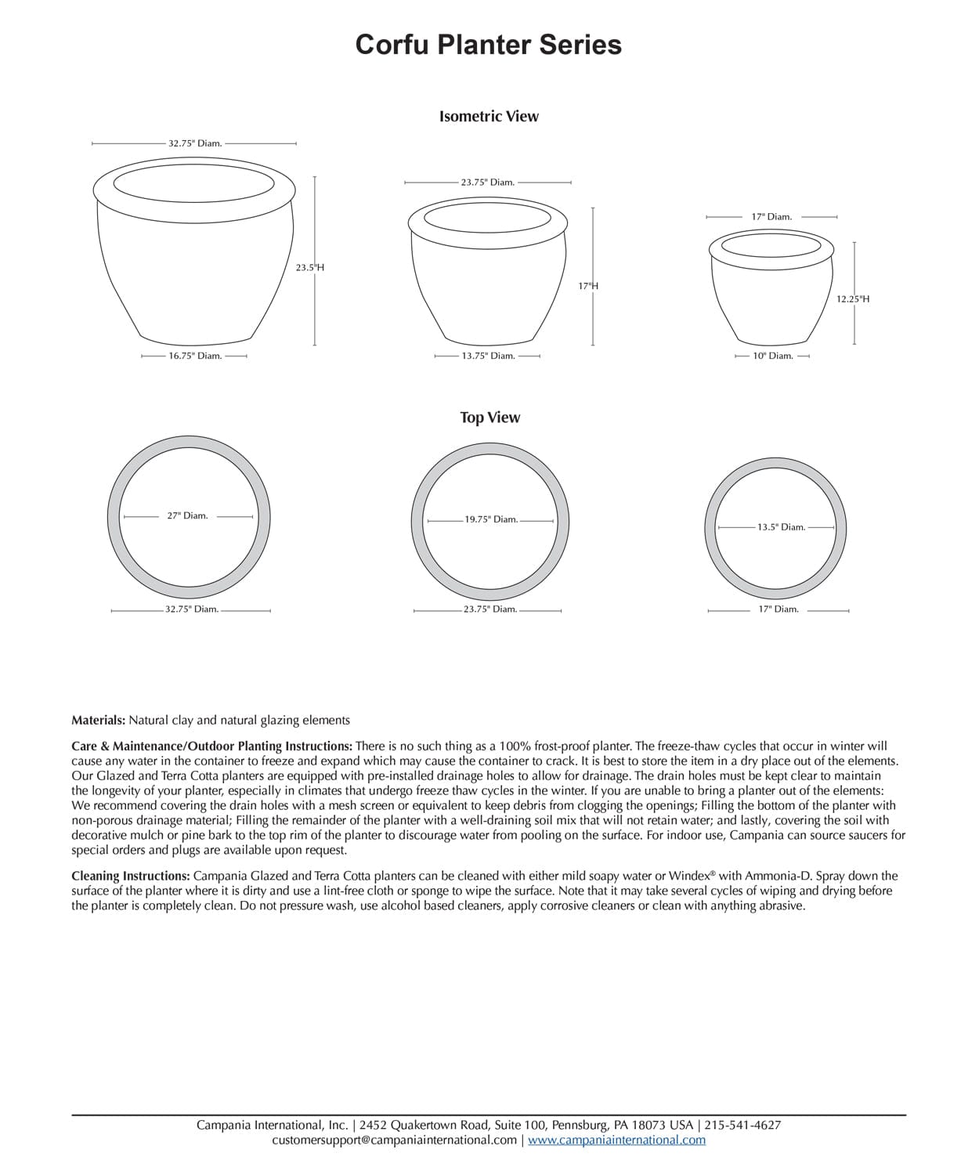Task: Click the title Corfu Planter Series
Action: click(489, 44)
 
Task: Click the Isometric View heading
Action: click(489, 116)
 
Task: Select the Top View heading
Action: click(489, 418)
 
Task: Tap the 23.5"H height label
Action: click(309, 267)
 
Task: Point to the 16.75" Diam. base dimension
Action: click(195, 356)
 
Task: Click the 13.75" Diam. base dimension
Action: click(488, 356)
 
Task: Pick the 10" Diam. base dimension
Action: click(773, 356)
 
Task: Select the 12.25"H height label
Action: click(852, 298)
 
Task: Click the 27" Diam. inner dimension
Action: click(187, 515)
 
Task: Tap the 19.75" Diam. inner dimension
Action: click(491, 519)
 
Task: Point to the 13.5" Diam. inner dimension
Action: click(781, 527)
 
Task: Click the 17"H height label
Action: click(588, 286)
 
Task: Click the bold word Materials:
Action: click(98, 720)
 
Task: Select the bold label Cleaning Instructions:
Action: click(130, 876)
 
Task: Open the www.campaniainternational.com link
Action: click(616, 1140)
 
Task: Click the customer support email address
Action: click(394, 1140)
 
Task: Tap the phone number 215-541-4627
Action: click(742, 1125)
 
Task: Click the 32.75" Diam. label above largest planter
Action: click(195, 143)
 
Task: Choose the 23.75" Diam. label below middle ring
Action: click(489, 609)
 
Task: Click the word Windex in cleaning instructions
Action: click(688, 876)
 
